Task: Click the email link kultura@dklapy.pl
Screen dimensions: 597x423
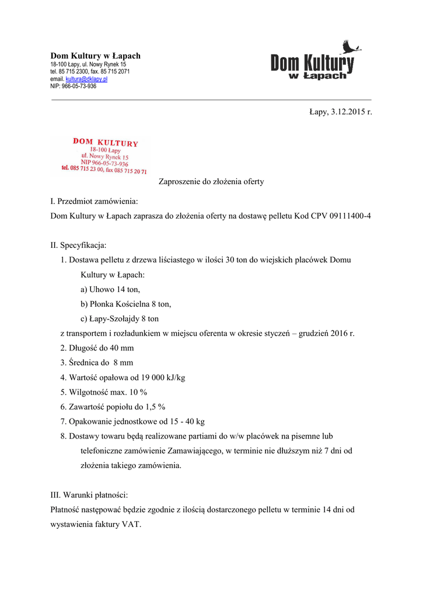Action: (x=86, y=79)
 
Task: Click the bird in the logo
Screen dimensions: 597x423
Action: (x=351, y=47)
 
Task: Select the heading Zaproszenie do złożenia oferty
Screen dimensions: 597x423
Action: (x=211, y=181)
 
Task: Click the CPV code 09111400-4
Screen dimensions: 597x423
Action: (x=348, y=216)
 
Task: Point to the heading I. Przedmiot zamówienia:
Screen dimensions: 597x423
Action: (x=95, y=201)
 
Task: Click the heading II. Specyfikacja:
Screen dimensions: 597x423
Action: (x=79, y=245)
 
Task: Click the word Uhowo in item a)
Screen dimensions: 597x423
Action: (x=101, y=289)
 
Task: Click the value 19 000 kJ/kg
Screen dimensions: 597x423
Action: (x=160, y=378)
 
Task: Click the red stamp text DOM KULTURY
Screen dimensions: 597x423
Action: (x=106, y=142)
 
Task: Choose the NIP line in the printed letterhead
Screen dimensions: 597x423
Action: (x=74, y=86)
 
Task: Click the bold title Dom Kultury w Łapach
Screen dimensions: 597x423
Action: (x=95, y=56)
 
